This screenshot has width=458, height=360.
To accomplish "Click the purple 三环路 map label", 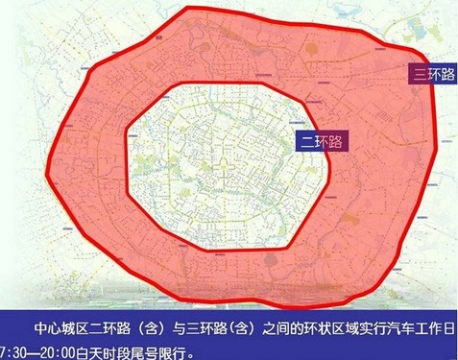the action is pyautogui.click(x=433, y=74).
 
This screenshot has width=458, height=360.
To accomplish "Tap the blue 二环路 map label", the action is pyautogui.click(x=323, y=140).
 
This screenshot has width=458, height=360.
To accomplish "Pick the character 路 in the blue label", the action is pyautogui.click(x=336, y=140).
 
